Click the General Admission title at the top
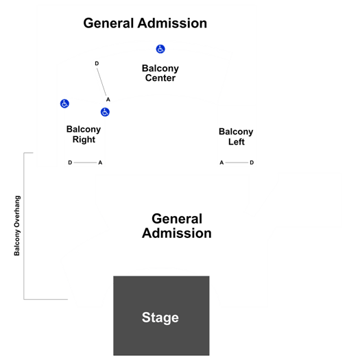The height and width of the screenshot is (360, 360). click(145, 23)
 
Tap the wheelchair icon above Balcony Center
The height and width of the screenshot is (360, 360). click(160, 49)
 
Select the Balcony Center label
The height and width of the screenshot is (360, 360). click(160, 73)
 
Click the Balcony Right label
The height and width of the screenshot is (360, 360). click(84, 134)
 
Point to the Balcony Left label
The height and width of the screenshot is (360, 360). click(236, 136)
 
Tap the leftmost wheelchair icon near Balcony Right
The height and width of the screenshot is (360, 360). click(64, 104)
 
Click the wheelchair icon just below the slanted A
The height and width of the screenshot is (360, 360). click(105, 112)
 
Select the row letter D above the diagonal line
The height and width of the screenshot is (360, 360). click(97, 63)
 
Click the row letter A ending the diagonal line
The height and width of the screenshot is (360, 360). click(108, 99)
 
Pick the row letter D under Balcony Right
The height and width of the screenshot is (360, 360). click(70, 163)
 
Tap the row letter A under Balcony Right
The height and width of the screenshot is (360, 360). click(100, 163)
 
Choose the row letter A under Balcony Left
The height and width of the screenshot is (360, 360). click(221, 163)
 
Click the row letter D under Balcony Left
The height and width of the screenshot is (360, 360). click(252, 163)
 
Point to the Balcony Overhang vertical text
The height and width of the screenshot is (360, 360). click(17, 226)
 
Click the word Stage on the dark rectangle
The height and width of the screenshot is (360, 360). click(160, 317)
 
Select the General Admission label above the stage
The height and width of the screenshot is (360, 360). click(177, 226)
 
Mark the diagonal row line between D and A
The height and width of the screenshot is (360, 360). click(101, 82)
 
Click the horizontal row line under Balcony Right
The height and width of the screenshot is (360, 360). click(85, 163)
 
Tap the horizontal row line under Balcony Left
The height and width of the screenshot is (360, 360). click(237, 163)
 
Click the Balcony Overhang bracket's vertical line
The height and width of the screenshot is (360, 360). click(24, 226)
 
